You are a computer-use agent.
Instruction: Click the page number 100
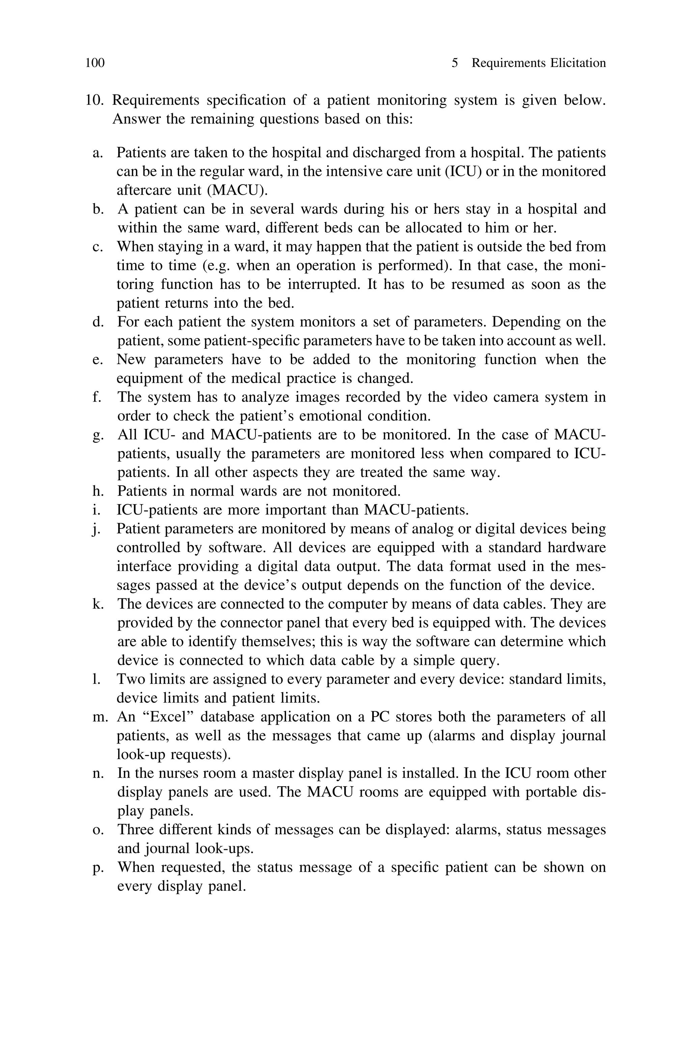point(95,63)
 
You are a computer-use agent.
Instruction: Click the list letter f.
point(97,397)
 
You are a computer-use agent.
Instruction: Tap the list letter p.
point(98,867)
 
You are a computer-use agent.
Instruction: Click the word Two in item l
point(130,679)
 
